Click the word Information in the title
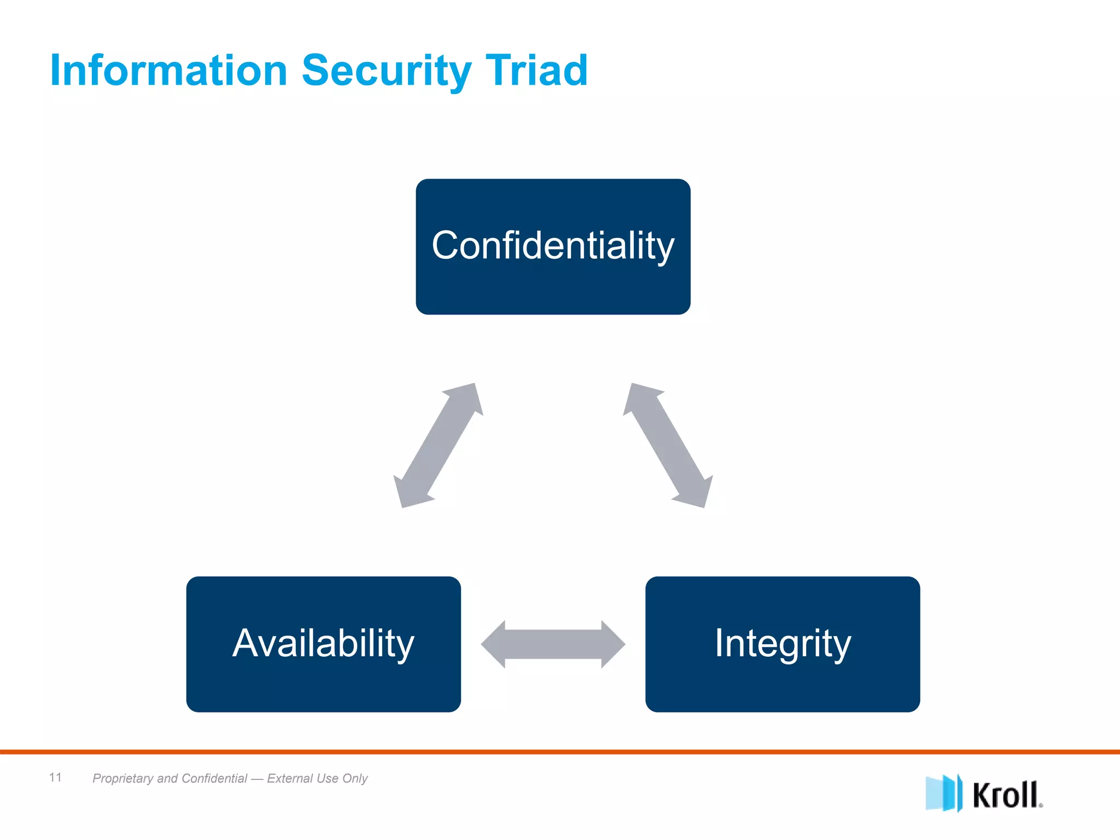coord(168,71)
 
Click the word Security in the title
coord(386,72)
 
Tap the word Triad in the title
coord(536,71)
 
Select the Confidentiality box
coord(553,247)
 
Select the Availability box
coord(323,644)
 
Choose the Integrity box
coord(783,644)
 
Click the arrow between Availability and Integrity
coord(553,644)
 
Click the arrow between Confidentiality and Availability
coord(438,445)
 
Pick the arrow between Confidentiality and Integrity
coord(668,445)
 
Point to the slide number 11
coord(55,777)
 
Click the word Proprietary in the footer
coord(123,778)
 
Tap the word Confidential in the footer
coord(214,778)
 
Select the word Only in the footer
coord(355,778)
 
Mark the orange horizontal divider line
coord(560,752)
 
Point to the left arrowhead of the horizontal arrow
coord(493,644)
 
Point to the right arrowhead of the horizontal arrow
coord(613,644)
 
